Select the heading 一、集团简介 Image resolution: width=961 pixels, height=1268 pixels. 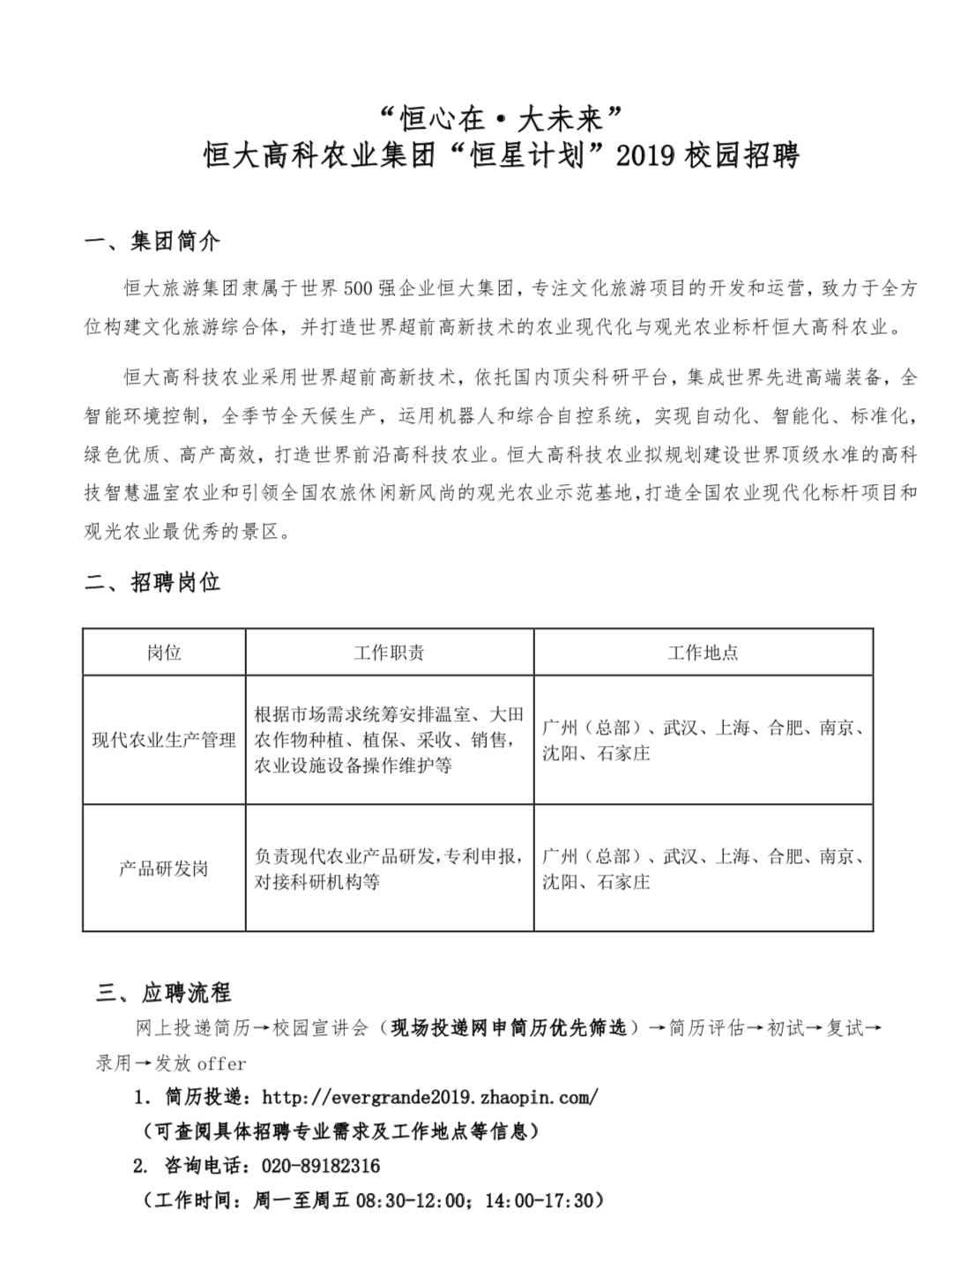click(152, 242)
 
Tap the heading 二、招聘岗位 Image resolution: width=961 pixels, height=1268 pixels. click(152, 583)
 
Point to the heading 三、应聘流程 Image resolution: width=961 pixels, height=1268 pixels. click(164, 993)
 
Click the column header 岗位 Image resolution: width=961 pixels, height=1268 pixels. click(164, 653)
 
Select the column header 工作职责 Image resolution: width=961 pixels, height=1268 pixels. click(389, 653)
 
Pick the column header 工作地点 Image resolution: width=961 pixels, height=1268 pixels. click(703, 653)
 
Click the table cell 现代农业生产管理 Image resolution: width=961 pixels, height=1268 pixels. click(164, 740)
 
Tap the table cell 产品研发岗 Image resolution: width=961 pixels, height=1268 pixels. click(164, 869)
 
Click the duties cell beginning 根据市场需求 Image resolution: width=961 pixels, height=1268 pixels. click(389, 740)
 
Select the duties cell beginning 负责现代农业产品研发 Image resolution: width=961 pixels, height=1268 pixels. click(389, 869)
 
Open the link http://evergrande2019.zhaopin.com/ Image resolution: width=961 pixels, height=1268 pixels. click(430, 1097)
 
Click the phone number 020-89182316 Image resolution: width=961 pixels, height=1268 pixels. click(321, 1166)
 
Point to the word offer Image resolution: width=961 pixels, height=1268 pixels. click(221, 1063)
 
